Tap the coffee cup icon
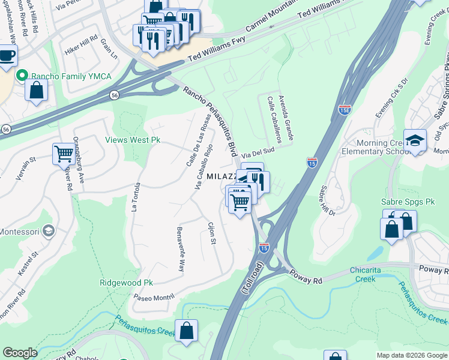7,56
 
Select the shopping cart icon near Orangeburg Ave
63,153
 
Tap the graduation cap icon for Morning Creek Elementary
415,140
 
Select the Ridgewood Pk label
127,282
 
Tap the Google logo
20,353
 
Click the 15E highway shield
345,110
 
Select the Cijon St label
211,233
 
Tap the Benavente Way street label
180,248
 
